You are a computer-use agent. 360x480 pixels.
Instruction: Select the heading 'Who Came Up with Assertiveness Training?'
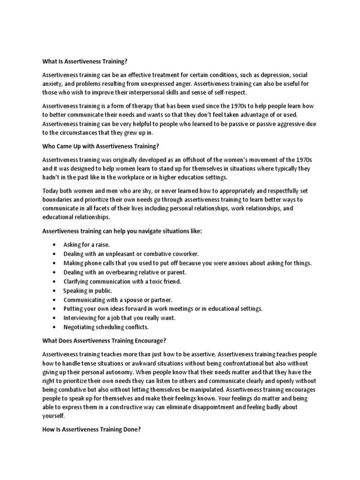coord(101,146)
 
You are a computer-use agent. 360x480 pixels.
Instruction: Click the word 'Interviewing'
coord(80,318)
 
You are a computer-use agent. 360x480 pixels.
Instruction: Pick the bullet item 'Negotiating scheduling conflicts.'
coord(105,327)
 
